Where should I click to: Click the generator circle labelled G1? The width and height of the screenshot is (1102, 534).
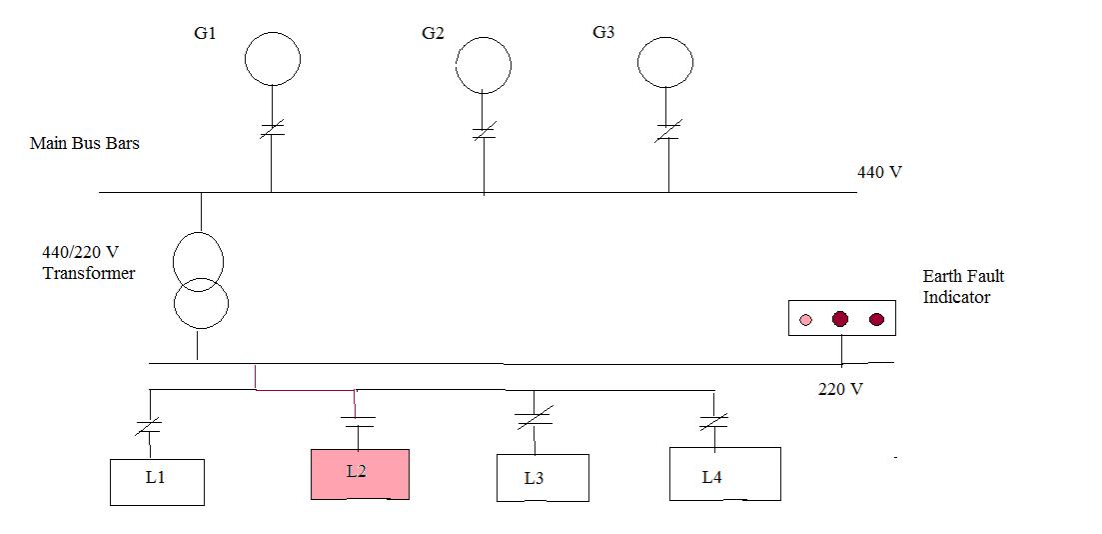[x=273, y=58]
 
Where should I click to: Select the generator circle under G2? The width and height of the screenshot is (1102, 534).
[x=484, y=66]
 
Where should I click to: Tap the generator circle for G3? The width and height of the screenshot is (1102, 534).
[x=666, y=62]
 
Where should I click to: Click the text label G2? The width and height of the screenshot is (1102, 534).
[x=433, y=33]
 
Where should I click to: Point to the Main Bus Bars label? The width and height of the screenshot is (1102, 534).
[x=85, y=143]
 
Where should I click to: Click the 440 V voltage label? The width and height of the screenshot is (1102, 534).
[x=879, y=172]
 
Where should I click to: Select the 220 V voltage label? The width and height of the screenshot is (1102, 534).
[x=840, y=389]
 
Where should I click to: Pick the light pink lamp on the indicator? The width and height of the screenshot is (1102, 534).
[x=806, y=320]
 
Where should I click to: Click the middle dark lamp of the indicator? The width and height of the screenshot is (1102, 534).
[x=840, y=319]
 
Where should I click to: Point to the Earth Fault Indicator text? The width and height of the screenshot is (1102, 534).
[x=963, y=286]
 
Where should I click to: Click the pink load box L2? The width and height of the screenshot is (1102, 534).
[x=360, y=474]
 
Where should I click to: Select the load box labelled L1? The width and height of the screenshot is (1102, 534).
[x=157, y=481]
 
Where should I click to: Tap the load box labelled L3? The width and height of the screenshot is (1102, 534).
[x=543, y=478]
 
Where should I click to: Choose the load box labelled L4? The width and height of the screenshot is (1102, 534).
[x=724, y=474]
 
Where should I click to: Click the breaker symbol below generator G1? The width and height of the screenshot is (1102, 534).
[x=273, y=128]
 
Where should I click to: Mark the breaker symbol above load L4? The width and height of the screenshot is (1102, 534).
[x=713, y=422]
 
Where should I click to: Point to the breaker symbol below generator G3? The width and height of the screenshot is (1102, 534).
[x=667, y=131]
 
